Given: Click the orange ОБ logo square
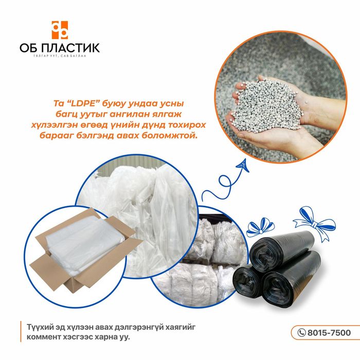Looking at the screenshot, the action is tap(60, 30).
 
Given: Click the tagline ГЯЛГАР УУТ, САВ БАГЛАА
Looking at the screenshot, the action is tap(60, 56).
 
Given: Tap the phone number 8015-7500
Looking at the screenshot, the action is tap(329, 333).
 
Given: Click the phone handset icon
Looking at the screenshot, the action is tap(301, 333).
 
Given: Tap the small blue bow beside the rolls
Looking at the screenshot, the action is tap(260, 227).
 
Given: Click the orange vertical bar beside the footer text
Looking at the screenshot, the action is tap(21, 332).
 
